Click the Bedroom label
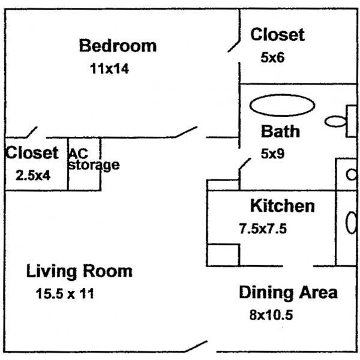(118, 46)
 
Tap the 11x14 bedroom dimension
(109, 68)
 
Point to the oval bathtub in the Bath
(282, 105)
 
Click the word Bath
(280, 131)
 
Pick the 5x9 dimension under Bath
(272, 154)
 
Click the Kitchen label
(282, 206)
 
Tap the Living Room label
(79, 271)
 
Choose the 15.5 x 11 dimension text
(65, 294)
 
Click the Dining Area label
(288, 293)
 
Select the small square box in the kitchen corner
(224, 254)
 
